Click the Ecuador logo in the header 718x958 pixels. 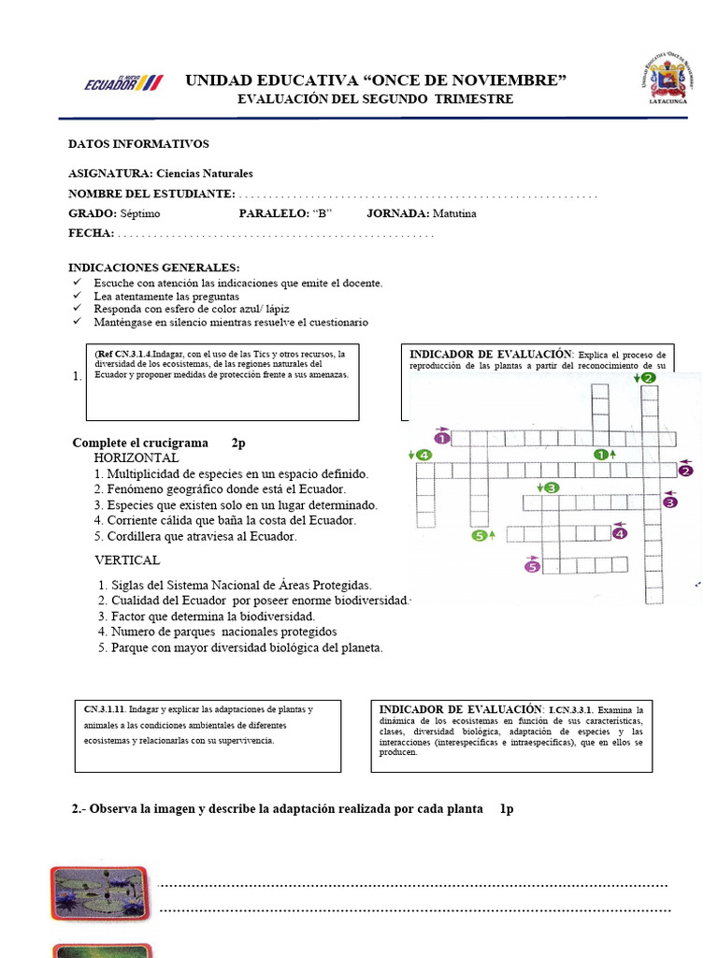[x=122, y=82]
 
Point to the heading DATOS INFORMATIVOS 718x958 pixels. [x=138, y=144]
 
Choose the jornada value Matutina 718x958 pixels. [x=454, y=213]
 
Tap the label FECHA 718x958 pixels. [x=91, y=233]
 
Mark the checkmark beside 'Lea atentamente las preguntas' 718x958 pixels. [x=77, y=296]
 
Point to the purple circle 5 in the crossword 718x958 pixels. [x=532, y=565]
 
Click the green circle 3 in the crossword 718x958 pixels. [x=552, y=487]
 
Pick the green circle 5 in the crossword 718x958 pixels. [x=480, y=536]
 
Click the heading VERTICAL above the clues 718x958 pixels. [x=127, y=560]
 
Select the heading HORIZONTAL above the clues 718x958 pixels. [x=136, y=458]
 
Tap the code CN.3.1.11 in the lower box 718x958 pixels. [x=105, y=709]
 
